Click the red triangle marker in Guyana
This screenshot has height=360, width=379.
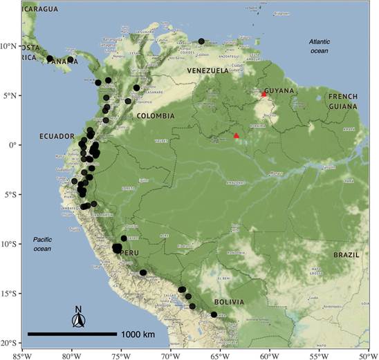coord(264,94)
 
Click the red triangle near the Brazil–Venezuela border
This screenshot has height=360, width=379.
coord(236,135)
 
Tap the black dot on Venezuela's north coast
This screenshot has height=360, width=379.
coord(201,41)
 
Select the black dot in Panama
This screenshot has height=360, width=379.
coord(50,59)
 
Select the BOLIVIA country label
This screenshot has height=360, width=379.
coord(228,302)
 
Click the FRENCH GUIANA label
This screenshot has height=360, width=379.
coord(343,102)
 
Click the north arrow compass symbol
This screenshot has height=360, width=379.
coord(79,319)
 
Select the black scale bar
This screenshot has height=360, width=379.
coord(72,334)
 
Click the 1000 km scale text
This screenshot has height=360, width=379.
coord(142,334)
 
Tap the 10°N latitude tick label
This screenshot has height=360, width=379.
coord(9,46)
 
